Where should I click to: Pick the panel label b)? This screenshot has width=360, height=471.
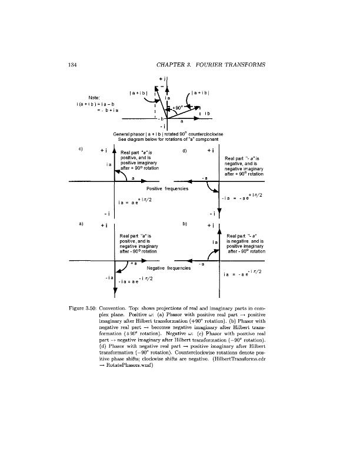click(x=184, y=224)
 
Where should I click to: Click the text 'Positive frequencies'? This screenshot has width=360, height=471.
click(x=168, y=188)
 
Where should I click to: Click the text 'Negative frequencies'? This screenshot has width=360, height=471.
click(x=168, y=267)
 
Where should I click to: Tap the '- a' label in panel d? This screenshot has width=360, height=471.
click(x=205, y=177)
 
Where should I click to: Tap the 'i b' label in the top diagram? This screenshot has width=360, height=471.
click(x=208, y=112)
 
